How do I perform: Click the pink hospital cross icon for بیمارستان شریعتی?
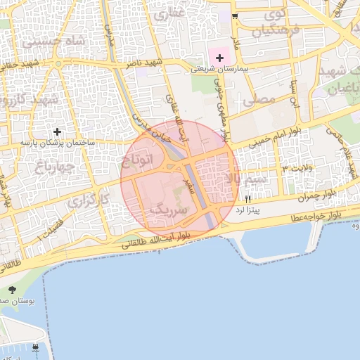point(219,57)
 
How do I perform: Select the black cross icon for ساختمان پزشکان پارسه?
point(56,131)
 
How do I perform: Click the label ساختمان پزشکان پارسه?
point(56,143)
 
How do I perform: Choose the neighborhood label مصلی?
point(259,101)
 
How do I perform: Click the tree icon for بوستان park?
point(12,289)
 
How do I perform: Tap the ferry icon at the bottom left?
point(35,347)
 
